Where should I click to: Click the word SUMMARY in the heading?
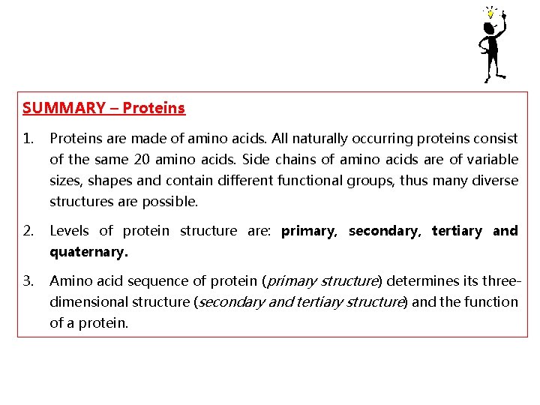(x=64, y=108)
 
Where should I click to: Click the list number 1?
(x=28, y=139)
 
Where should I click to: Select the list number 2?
(x=28, y=231)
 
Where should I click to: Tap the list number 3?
(x=28, y=281)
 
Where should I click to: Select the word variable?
(x=490, y=159)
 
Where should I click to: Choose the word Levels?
(x=69, y=231)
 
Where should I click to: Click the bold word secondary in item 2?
(x=382, y=231)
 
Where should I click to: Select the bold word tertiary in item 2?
(x=457, y=231)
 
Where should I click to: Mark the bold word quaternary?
(x=88, y=252)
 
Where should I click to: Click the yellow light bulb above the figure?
(x=490, y=13)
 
